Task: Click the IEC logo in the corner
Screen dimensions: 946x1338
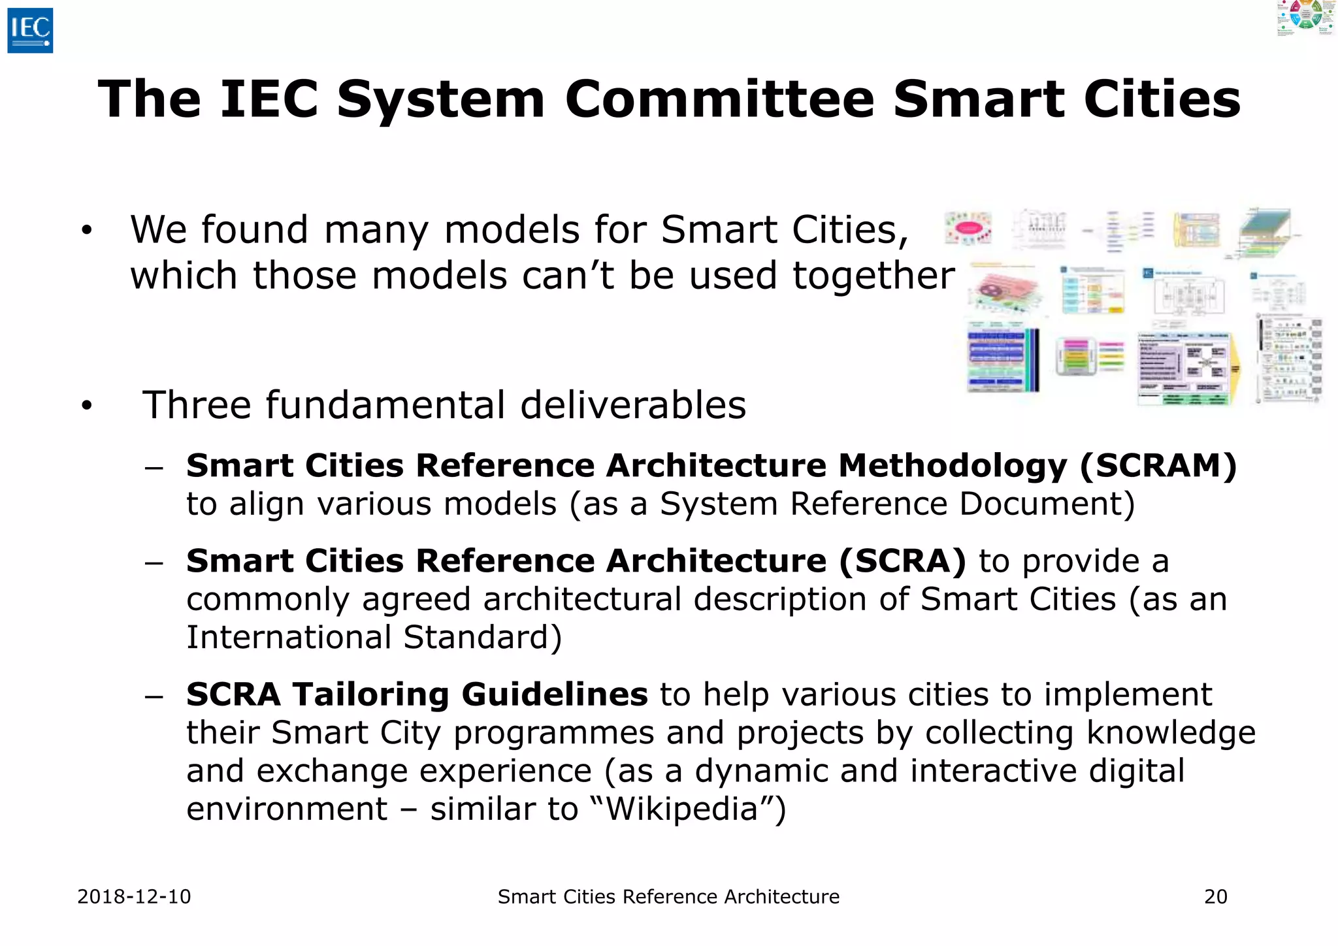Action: [30, 30]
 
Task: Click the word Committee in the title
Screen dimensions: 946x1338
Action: [719, 99]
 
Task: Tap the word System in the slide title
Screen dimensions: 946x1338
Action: [440, 99]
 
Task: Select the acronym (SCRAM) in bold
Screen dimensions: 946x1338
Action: [1158, 466]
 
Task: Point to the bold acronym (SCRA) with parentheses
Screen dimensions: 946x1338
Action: [902, 561]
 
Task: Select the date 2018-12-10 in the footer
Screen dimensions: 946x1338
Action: [134, 896]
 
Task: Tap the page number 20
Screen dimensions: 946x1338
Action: [1215, 896]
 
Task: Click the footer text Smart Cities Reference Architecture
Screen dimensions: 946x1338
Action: [668, 896]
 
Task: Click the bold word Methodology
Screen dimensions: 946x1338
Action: [952, 466]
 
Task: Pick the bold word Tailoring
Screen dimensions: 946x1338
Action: [371, 694]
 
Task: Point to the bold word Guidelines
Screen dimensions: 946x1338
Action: [555, 694]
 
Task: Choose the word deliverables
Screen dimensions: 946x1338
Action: [633, 405]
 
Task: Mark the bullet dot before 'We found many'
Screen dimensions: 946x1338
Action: [87, 230]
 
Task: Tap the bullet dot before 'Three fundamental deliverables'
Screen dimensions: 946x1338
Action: [87, 406]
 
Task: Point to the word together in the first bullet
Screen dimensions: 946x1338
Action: [873, 275]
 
